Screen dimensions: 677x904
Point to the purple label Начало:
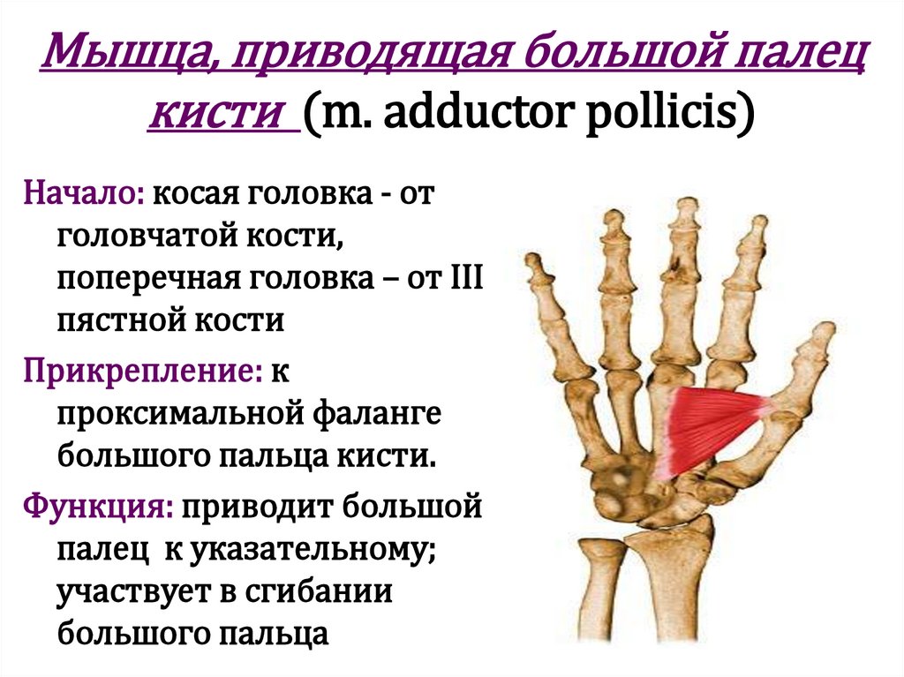[x=85, y=192]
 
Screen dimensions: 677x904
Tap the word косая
[x=191, y=192]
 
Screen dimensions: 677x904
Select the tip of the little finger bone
[x=531, y=260]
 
